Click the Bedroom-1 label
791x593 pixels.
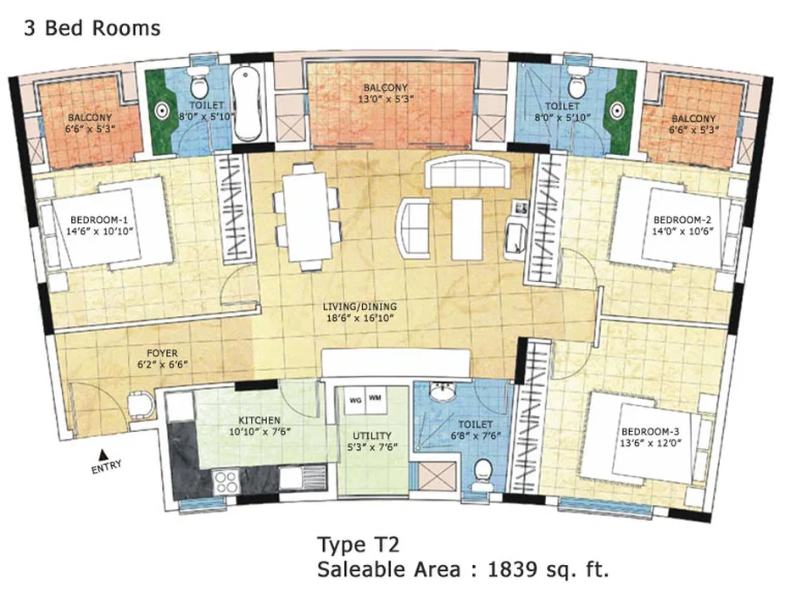point(99,220)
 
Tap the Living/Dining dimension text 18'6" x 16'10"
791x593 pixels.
point(359,319)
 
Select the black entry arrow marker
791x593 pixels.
point(103,454)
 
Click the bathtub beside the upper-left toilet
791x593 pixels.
point(247,104)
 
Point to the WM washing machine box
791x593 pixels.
point(375,398)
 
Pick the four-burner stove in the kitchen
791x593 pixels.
point(226,481)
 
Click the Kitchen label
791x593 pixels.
point(259,420)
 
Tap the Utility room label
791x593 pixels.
point(372,435)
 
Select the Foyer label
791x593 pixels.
point(162,353)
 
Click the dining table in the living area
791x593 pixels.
point(308,217)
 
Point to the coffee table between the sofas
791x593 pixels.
point(468,229)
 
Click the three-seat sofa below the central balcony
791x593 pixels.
point(467,171)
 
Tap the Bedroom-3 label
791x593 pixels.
point(650,432)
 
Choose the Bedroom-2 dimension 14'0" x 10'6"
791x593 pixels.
point(682,231)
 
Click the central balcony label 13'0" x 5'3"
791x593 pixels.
point(386,99)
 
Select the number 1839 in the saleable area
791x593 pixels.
point(512,569)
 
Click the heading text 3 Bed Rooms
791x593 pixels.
point(92,28)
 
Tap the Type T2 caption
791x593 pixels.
point(358,545)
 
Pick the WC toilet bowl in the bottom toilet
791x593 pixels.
point(483,473)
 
